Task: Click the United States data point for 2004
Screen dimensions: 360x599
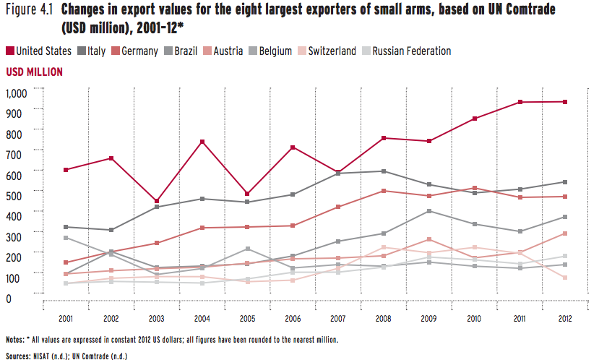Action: click(202, 142)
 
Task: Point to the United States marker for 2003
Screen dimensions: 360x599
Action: click(157, 202)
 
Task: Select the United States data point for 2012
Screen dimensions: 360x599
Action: click(565, 102)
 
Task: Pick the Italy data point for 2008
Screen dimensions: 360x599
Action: click(383, 171)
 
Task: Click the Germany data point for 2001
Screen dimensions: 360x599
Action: click(66, 262)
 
